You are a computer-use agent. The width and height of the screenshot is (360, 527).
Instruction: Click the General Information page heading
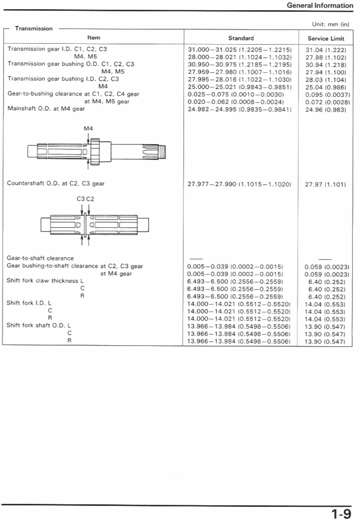[319, 5]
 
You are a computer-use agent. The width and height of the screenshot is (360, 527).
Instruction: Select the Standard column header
[241, 38]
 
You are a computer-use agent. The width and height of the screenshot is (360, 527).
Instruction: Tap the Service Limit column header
[326, 39]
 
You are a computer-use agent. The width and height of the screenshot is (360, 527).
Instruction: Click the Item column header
[94, 38]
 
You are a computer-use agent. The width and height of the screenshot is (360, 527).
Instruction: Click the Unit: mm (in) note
[330, 24]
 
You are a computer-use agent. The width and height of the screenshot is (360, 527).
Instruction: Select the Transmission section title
[33, 28]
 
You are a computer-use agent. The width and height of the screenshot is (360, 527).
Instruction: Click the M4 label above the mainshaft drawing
[88, 129]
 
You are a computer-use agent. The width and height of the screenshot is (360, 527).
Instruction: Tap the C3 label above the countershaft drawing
[81, 199]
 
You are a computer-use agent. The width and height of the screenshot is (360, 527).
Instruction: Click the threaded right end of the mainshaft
[163, 152]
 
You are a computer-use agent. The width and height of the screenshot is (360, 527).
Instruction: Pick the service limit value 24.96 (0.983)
[326, 110]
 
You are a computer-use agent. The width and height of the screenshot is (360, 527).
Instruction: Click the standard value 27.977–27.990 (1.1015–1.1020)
[239, 184]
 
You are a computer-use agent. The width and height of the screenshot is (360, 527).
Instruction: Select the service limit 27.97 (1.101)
[325, 185]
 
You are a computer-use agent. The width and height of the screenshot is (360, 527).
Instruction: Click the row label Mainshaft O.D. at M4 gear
[46, 109]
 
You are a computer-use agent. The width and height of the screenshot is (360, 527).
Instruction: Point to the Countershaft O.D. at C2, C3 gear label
[56, 183]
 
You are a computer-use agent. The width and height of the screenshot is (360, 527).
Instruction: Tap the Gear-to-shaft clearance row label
[40, 258]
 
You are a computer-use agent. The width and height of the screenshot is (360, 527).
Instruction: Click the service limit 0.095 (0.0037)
[327, 95]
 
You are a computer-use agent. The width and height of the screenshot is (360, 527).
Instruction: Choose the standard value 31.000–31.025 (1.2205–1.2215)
[240, 50]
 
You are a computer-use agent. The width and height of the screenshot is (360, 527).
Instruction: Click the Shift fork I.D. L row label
[29, 303]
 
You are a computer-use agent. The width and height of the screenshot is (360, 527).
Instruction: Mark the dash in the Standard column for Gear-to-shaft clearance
[196, 259]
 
